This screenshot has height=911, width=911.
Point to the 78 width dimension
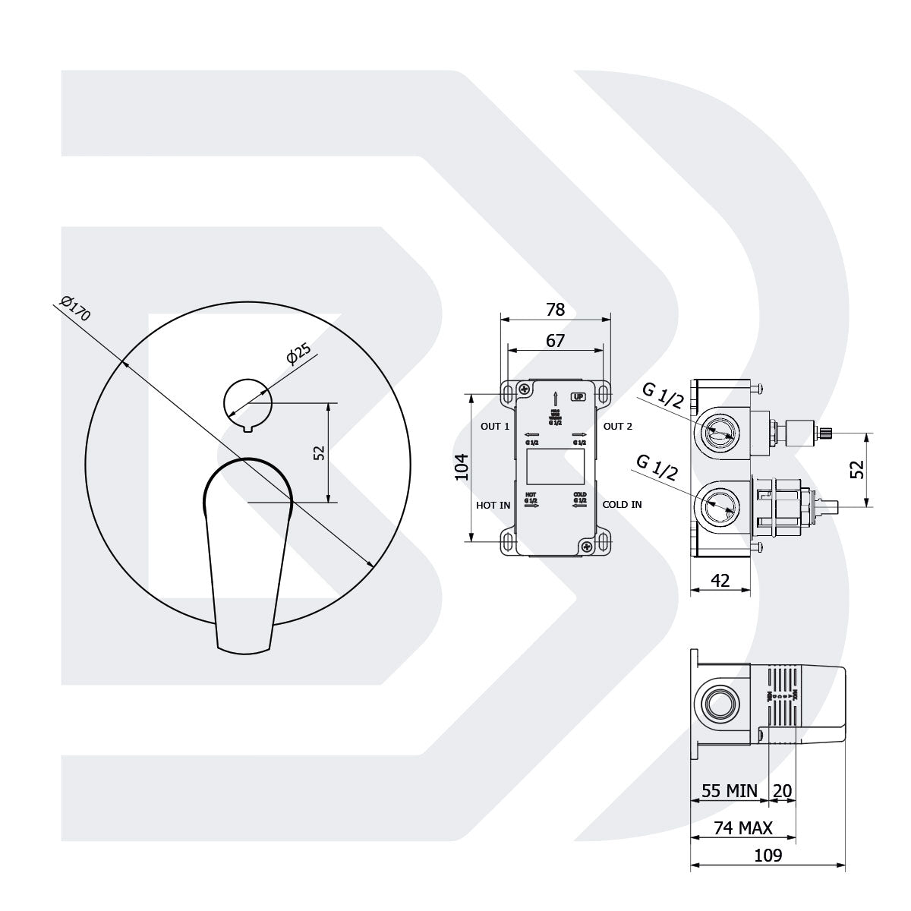556,310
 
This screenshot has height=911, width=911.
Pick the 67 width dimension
556,340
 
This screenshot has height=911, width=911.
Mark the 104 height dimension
460,468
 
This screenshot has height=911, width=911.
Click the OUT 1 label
495,426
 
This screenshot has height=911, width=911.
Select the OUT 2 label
617,426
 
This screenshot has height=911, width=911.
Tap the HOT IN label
493,505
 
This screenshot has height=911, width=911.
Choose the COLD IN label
622,505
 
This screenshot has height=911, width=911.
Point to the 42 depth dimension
720,581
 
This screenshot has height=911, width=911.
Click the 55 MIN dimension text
729,791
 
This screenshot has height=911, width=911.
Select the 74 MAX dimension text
742,827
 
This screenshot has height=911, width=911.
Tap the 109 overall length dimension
768,855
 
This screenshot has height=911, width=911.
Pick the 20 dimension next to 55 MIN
782,791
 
